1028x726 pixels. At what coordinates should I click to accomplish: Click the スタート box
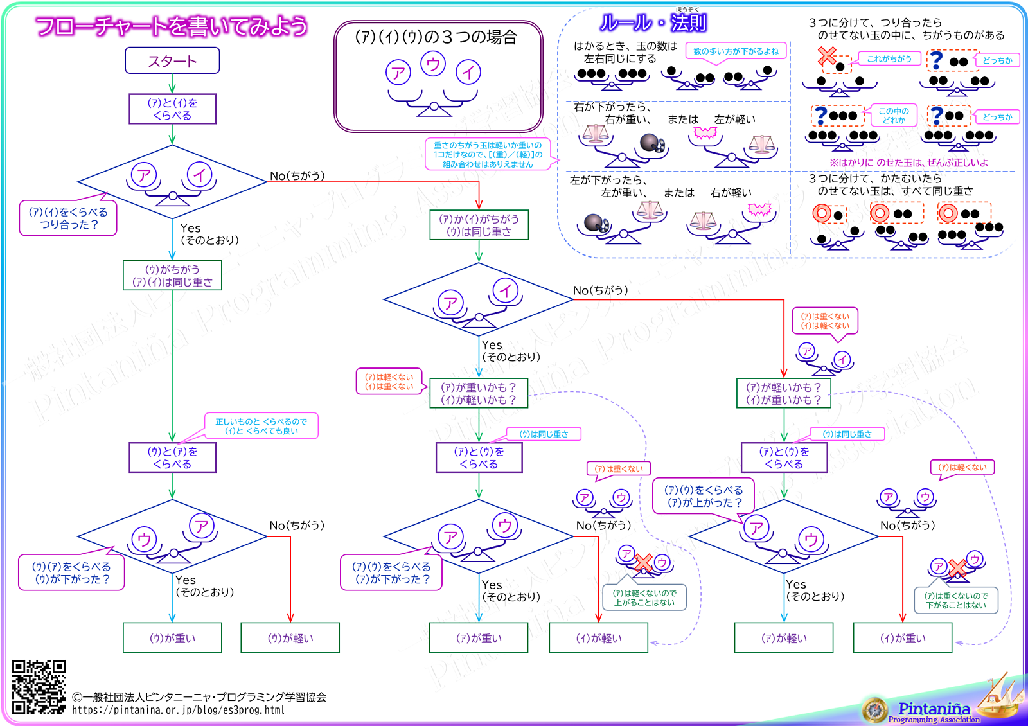pyautogui.click(x=172, y=61)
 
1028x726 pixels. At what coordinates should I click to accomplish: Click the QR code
pyautogui.click(x=39, y=687)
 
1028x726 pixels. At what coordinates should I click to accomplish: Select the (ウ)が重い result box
pyautogui.click(x=172, y=638)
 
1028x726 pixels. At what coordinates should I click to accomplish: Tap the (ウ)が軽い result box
pyautogui.click(x=290, y=638)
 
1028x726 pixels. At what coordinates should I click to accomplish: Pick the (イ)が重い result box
pyautogui.click(x=903, y=638)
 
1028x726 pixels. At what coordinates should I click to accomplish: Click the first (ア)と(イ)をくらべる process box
pyautogui.click(x=172, y=109)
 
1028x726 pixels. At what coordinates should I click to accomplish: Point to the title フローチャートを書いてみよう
pyautogui.click(x=172, y=26)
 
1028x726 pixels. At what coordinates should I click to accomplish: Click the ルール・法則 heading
pyautogui.click(x=653, y=23)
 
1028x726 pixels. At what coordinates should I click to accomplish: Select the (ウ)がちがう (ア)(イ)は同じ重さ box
pyautogui.click(x=172, y=276)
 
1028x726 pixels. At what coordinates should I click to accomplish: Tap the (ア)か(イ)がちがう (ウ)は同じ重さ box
pyautogui.click(x=479, y=226)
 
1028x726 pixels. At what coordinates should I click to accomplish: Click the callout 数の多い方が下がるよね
pyautogui.click(x=736, y=51)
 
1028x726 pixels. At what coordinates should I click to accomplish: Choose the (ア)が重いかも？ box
pyautogui.click(x=479, y=393)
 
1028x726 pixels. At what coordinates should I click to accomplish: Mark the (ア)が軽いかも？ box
pyautogui.click(x=784, y=393)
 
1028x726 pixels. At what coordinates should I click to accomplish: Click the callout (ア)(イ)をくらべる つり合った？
pyautogui.click(x=68, y=218)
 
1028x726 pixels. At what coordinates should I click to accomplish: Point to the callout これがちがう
pyautogui.click(x=889, y=59)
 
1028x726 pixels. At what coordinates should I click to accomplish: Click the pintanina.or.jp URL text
pyautogui.click(x=178, y=710)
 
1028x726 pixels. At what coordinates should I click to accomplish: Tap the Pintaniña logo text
pyautogui.click(x=934, y=709)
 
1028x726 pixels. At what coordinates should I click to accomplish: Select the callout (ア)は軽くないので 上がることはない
pyautogui.click(x=644, y=598)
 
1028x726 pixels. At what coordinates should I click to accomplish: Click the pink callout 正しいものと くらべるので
pyautogui.click(x=261, y=426)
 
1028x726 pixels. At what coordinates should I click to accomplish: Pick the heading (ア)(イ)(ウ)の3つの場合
pyautogui.click(x=436, y=37)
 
